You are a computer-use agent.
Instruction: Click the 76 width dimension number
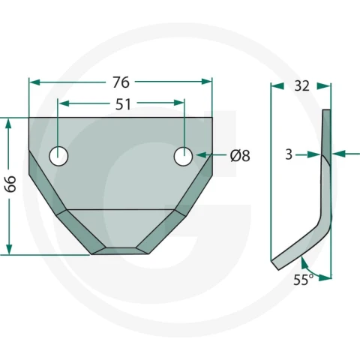121,82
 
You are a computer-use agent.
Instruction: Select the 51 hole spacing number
123,104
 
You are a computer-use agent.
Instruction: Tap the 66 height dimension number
10,184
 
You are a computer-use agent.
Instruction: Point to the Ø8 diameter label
240,156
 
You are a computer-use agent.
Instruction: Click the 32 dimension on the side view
302,86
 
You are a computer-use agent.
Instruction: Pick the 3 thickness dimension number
289,154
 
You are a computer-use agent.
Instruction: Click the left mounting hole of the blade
58,156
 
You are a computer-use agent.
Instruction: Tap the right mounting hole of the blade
183,156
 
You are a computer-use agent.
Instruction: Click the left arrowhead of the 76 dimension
34,82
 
